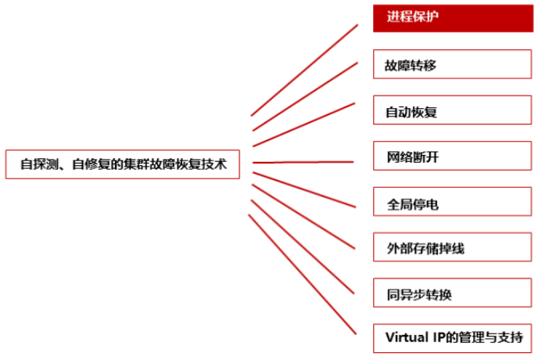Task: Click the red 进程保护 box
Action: tap(453, 17)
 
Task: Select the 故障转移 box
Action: tap(453, 65)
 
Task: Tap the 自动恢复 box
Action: tap(453, 111)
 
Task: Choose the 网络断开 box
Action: tap(453, 157)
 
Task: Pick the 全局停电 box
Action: tap(453, 203)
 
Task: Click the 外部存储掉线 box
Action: tap(453, 249)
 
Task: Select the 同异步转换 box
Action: tap(453, 294)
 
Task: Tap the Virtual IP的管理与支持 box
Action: tap(453, 338)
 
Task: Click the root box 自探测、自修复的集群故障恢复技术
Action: tap(122, 164)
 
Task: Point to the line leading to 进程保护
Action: tap(304, 70)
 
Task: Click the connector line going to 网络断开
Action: tap(304, 162)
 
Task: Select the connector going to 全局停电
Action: tap(304, 189)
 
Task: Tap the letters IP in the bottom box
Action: tap(439, 338)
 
